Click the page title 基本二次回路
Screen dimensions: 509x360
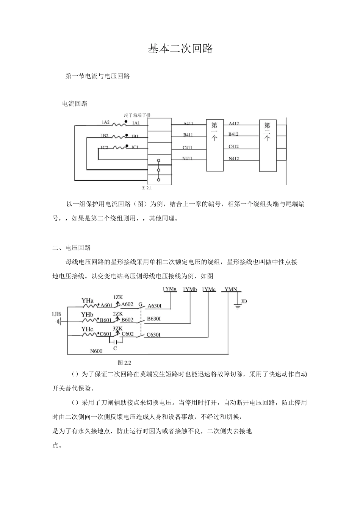[180, 49]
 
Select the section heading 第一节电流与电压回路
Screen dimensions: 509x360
[98, 76]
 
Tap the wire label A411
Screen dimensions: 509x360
[188, 123]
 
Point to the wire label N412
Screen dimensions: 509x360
[234, 159]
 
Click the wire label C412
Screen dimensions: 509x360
[233, 147]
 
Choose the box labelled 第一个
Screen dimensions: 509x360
[214, 144]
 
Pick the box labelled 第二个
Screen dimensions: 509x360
[268, 145]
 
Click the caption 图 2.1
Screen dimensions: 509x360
[147, 187]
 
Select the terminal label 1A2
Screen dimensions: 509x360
[105, 122]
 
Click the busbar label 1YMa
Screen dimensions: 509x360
[170, 289]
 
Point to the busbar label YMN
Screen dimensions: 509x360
[231, 289]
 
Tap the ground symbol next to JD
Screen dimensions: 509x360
[238, 306]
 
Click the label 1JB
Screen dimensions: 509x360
[56, 314]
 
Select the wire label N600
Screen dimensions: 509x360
[96, 351]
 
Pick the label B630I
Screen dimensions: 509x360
[154, 319]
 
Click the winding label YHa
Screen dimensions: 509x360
[88, 301]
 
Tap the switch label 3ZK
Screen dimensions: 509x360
[117, 328]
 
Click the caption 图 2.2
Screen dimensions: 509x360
[124, 363]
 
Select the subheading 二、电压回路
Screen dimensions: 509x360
[72, 248]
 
